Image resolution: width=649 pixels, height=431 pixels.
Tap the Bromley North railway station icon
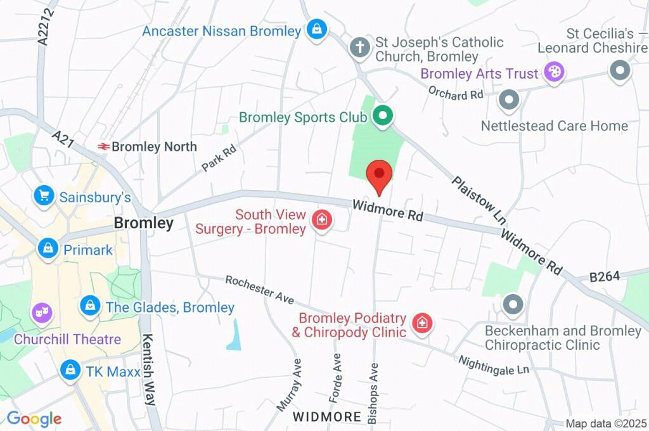pos(103,146)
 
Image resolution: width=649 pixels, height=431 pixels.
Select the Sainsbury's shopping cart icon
pos(44,196)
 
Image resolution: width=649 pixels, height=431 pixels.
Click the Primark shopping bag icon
pos(48,248)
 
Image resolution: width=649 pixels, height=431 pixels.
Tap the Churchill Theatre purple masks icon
pos(42,312)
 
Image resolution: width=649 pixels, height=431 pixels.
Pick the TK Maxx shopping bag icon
pos(70,370)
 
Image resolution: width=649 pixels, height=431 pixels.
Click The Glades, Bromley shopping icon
pos(90,307)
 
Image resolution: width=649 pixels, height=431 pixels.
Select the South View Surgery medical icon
pos(322,221)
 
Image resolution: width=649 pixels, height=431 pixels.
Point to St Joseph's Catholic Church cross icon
pos(360,48)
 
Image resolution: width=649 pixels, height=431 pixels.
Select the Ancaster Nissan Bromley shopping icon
pos(316,29)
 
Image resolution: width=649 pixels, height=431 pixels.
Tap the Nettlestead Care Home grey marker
pos(509,100)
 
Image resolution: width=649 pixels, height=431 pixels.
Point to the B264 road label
pos(604,277)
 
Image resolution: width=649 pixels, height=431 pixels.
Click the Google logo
pos(34,418)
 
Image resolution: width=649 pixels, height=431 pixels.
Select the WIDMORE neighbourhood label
pos(327,417)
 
